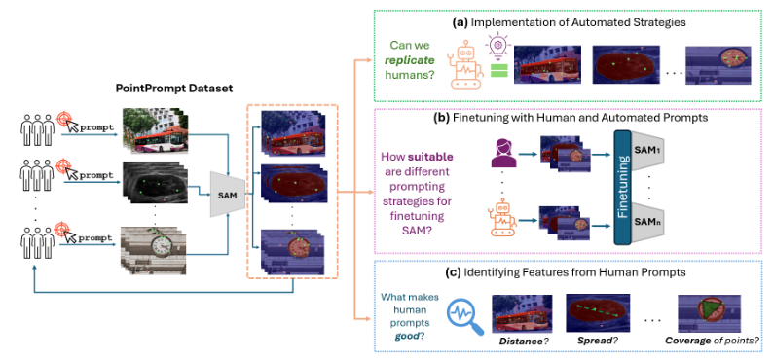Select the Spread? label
[598, 341]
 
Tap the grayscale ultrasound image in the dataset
[156, 184]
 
